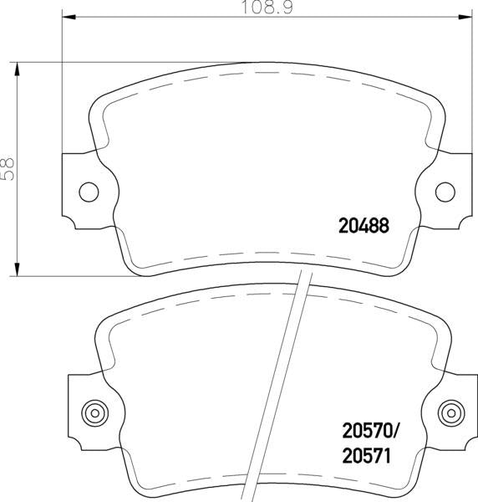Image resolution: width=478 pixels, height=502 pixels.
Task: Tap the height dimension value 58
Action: (8, 167)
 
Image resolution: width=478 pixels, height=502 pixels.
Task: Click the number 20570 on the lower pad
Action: (365, 430)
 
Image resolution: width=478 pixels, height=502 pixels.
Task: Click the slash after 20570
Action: (397, 430)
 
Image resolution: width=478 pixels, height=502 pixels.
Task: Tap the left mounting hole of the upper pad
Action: (89, 192)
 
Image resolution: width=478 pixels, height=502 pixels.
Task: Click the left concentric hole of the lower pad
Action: (93, 412)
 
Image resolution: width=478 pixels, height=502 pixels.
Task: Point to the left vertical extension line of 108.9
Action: (63, 84)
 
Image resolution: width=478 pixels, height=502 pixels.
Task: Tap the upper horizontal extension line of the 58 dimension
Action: (50, 61)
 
